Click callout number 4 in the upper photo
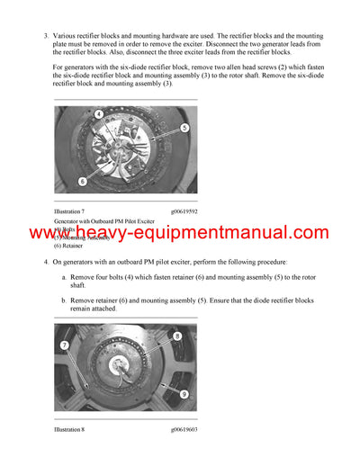click(x=98, y=114)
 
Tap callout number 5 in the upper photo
click(x=184, y=129)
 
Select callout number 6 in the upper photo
click(x=82, y=181)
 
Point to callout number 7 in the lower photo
click(x=64, y=345)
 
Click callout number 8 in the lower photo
click(x=176, y=336)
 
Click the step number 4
click(x=45, y=262)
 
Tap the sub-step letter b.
click(x=64, y=299)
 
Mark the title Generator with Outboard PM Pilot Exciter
click(x=103, y=220)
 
